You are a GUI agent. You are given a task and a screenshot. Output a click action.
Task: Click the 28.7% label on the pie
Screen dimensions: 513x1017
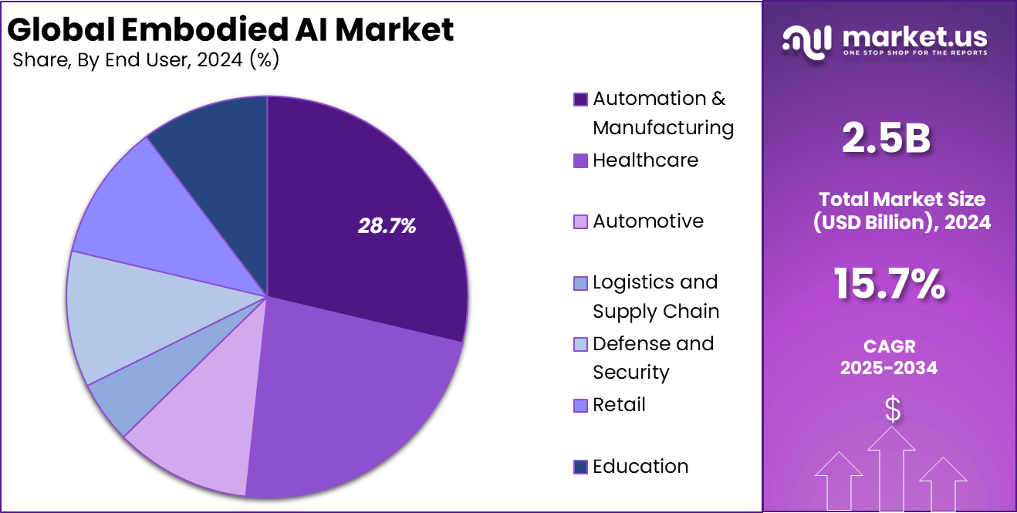387,226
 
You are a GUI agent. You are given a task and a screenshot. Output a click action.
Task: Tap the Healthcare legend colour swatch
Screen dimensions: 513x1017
580,160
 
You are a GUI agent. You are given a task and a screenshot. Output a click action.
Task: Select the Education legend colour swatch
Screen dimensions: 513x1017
580,467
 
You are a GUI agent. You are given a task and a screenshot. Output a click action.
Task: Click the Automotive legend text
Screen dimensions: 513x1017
648,221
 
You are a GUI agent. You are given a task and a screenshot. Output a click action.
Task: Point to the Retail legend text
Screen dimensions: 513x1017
619,405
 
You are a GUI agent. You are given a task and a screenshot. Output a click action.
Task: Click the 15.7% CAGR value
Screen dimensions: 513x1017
889,284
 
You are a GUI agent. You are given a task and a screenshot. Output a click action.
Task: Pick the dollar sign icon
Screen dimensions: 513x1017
892,410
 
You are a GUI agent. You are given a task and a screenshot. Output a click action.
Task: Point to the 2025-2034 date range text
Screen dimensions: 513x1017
889,368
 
